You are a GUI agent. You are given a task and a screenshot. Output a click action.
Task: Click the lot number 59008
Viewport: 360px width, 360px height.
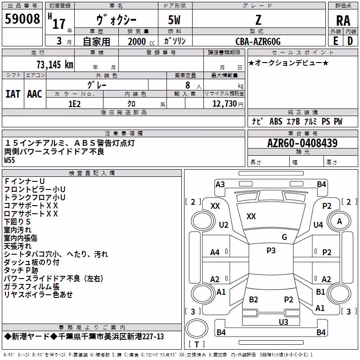click(x=22, y=18)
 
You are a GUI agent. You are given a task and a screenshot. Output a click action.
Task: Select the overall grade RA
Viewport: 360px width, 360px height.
click(x=343, y=21)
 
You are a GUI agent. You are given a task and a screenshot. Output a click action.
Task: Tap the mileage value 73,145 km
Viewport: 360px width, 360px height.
click(x=54, y=64)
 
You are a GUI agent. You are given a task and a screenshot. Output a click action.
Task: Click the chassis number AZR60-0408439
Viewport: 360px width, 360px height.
click(x=302, y=143)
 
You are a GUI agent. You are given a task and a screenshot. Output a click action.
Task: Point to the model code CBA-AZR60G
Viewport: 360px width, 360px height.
click(x=258, y=41)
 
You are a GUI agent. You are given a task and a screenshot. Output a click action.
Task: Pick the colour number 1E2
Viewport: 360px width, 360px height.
click(x=74, y=104)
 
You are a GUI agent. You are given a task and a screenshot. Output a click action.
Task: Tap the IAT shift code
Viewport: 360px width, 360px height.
click(x=13, y=94)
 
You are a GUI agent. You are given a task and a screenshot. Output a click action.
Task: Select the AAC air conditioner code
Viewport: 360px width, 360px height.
click(x=35, y=94)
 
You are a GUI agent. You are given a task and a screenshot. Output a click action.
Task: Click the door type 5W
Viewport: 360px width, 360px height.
click(x=174, y=20)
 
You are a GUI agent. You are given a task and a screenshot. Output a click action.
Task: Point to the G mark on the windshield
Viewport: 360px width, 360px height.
click(x=284, y=237)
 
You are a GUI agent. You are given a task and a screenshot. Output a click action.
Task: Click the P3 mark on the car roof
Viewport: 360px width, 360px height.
click(x=271, y=250)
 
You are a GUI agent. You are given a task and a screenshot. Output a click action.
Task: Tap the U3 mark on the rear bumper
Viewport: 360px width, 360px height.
click(x=283, y=322)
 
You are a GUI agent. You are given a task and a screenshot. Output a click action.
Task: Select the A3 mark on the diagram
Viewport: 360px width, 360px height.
click(x=220, y=184)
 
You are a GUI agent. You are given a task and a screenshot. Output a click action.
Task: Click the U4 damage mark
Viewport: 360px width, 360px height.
click(x=318, y=225)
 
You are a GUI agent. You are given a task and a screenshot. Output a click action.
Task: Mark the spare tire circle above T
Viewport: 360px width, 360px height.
click(x=197, y=328)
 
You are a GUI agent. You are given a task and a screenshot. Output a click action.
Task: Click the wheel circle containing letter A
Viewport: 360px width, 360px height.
click(x=339, y=221)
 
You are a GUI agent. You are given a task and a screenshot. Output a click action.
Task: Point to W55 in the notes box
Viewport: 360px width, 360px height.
click(x=9, y=160)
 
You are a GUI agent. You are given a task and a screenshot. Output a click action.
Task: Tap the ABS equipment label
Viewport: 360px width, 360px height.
click(x=276, y=121)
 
